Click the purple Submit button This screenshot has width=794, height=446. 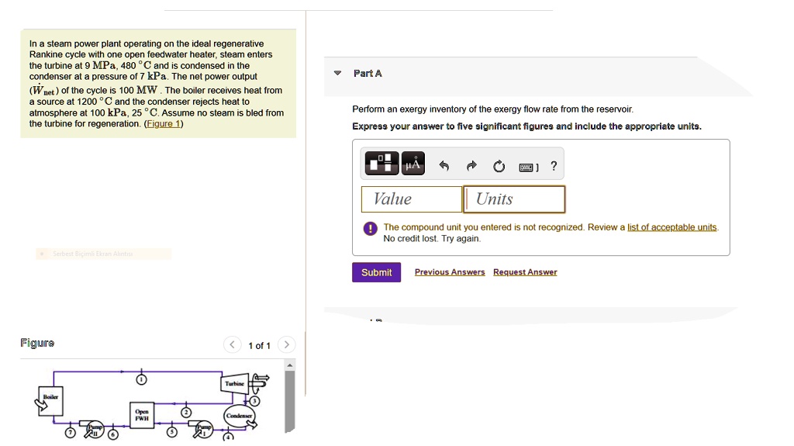376,272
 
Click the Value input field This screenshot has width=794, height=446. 412,199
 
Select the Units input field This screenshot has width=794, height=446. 514,199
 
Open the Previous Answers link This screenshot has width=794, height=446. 450,272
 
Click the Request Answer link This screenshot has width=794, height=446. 525,272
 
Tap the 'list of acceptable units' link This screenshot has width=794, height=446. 671,227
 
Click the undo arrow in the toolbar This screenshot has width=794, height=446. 444,165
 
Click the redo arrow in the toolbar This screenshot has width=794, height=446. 471,165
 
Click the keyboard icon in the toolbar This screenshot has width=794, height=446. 527,166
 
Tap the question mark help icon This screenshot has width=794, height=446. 553,165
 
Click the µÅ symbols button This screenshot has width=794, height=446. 413,164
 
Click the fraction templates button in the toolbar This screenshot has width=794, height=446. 381,164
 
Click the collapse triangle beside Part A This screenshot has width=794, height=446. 337,73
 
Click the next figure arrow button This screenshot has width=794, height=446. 286,344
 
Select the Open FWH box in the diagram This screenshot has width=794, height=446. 141,415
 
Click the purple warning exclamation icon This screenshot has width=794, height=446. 371,228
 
